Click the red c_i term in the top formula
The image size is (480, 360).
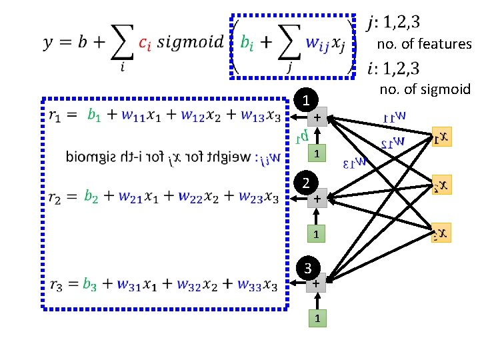147,43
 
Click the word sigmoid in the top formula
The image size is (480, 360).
193,43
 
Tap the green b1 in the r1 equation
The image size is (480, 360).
95,115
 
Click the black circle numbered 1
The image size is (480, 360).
305,101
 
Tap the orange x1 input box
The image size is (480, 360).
441,137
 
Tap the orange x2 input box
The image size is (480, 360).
441,184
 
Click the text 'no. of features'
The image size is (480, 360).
424,45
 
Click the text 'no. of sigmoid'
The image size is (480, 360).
425,89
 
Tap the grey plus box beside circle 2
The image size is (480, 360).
319,199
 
